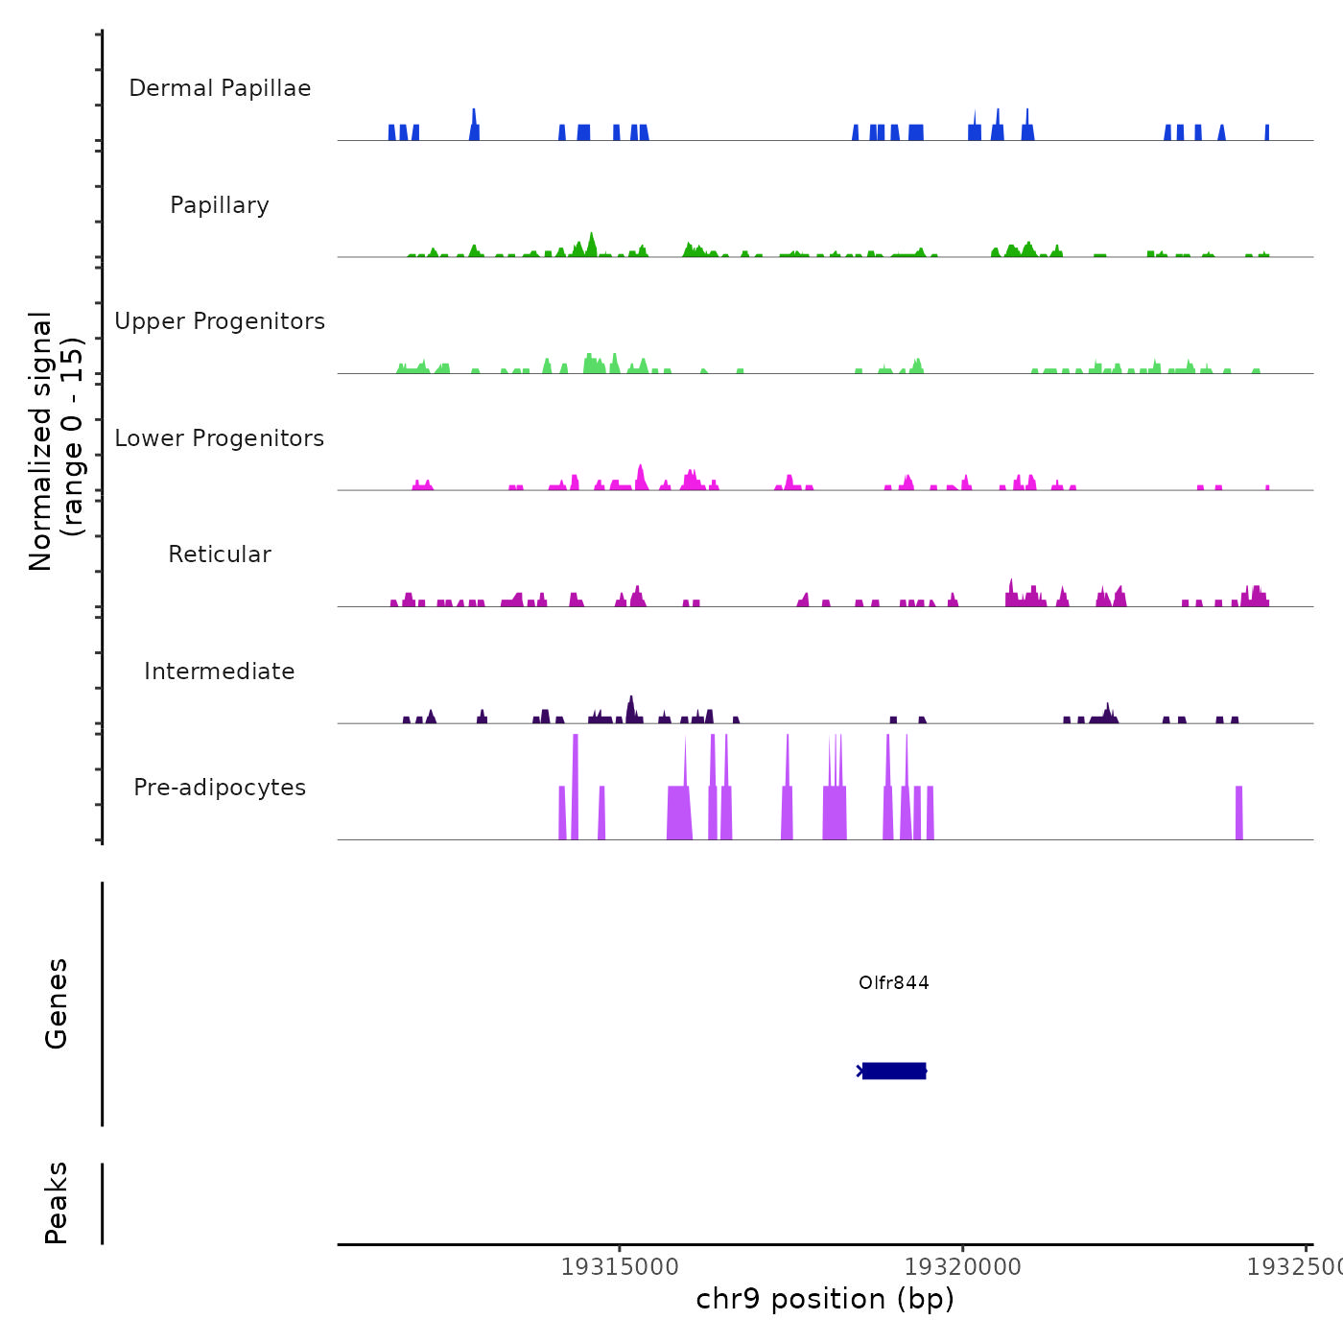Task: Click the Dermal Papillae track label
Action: [220, 88]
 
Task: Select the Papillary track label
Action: [220, 205]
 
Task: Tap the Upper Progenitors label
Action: [220, 321]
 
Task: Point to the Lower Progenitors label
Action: [220, 438]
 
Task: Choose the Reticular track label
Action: [220, 554]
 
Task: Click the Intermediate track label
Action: [220, 671]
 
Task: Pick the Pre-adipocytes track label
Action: [220, 788]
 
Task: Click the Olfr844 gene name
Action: [894, 982]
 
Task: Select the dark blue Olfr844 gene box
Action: [894, 1071]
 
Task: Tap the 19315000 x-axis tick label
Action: [620, 1267]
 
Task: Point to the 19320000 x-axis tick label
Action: [963, 1267]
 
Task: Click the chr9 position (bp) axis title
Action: [825, 1299]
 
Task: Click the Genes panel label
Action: [57, 1003]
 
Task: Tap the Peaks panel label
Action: [57, 1203]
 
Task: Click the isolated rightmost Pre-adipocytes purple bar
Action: [1238, 813]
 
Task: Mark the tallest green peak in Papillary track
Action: [592, 244]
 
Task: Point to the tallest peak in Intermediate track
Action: [630, 709]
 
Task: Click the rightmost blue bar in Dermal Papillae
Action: [1267, 132]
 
